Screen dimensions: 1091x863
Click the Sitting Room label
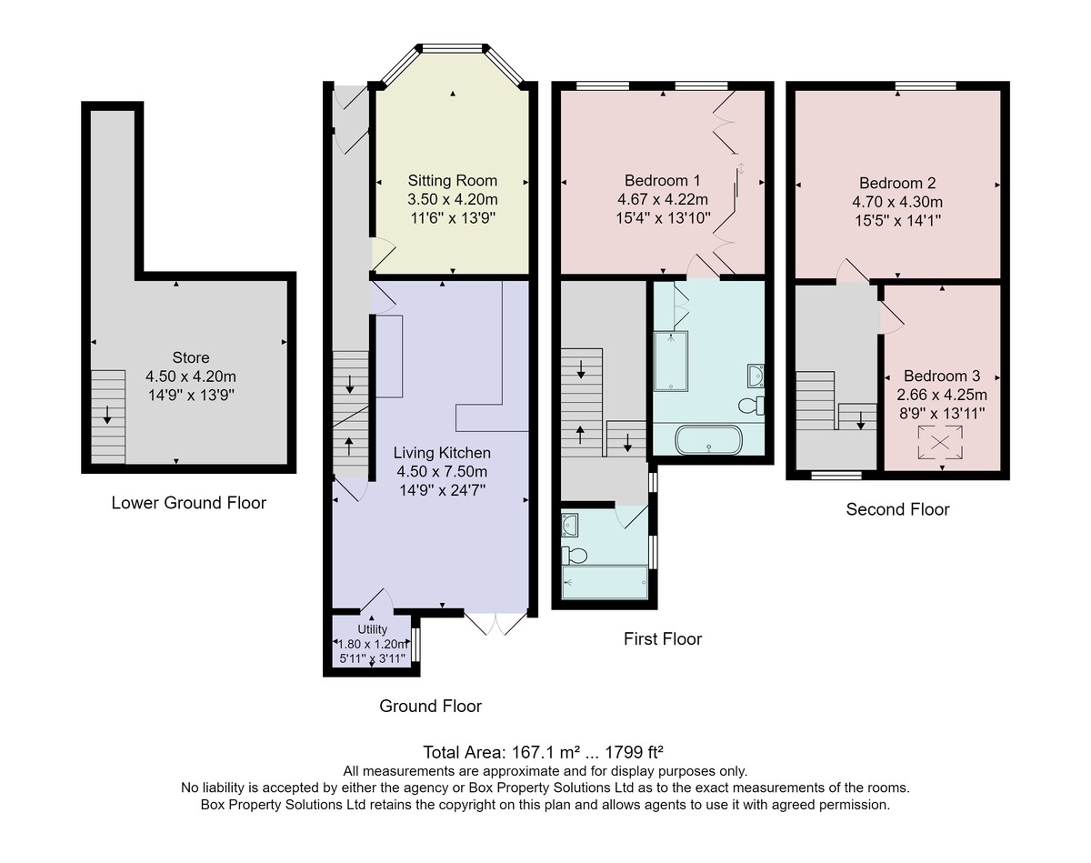click(x=452, y=180)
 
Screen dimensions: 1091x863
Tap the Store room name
click(x=191, y=357)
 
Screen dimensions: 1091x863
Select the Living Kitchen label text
click(x=442, y=453)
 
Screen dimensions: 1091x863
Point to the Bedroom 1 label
click(x=662, y=180)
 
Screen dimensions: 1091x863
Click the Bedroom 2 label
click(x=897, y=183)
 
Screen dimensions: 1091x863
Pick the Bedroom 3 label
click(x=942, y=376)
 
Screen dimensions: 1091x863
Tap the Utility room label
click(x=372, y=629)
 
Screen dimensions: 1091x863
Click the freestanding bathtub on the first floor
click(x=709, y=439)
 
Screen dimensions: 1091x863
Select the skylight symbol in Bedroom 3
click(x=940, y=443)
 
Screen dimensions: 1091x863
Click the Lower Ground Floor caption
click(x=188, y=503)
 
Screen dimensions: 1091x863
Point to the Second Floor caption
click(x=897, y=509)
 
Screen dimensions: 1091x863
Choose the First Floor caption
click(x=663, y=639)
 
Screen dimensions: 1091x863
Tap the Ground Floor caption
click(x=430, y=706)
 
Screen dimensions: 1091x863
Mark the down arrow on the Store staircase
click(x=107, y=415)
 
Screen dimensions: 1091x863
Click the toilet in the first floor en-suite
click(x=751, y=406)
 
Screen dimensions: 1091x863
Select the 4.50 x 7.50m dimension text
click(x=442, y=472)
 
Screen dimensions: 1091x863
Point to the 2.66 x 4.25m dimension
click(x=942, y=395)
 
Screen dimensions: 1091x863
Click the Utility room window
click(x=415, y=645)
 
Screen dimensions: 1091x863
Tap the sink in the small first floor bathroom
click(x=570, y=525)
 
